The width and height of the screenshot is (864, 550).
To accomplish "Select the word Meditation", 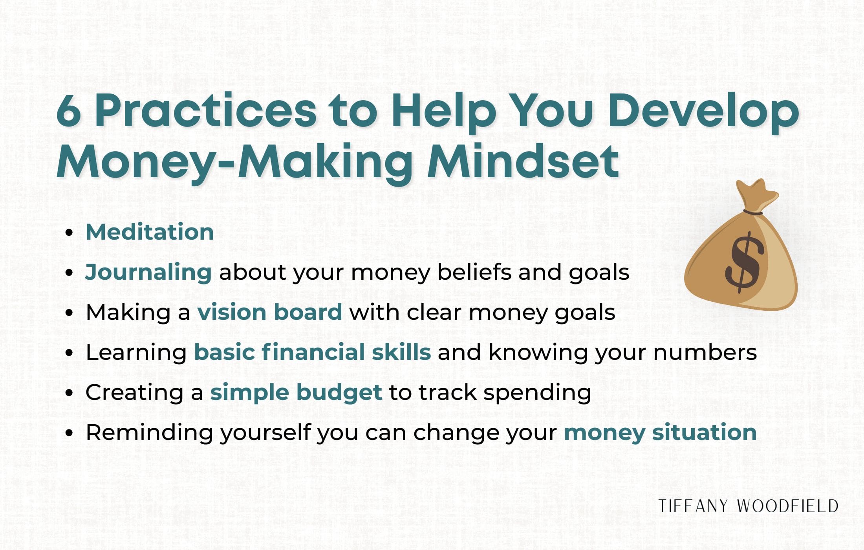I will (150, 232).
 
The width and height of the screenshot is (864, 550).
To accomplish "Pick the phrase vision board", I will (269, 312).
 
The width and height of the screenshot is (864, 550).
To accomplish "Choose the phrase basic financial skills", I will (313, 352).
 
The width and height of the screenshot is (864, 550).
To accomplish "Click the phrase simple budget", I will (296, 392).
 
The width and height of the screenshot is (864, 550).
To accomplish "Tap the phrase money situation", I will (660, 432).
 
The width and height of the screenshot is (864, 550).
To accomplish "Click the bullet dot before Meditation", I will (70, 232).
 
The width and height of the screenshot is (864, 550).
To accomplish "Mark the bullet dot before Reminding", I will (70, 433).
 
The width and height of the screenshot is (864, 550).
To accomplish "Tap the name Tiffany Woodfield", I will (748, 506).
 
